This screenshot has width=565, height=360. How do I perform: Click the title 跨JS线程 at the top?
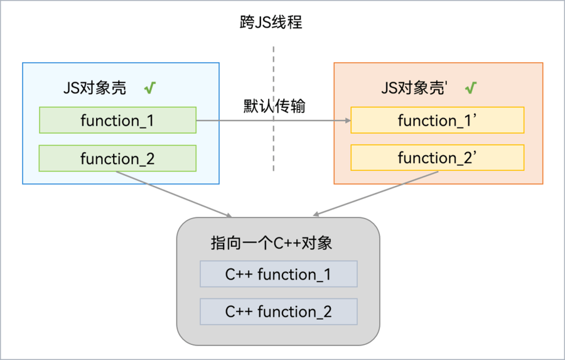272,23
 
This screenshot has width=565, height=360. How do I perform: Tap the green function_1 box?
117,120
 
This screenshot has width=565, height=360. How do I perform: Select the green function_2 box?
117,158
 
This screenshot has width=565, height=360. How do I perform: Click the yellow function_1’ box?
437,120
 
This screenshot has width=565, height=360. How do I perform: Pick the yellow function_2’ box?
437,158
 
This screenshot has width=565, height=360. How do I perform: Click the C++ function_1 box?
278,274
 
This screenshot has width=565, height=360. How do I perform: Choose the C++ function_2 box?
278,312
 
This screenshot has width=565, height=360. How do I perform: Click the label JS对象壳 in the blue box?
95,88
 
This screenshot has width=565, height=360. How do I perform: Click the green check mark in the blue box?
149,88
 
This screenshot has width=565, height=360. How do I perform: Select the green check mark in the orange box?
470,88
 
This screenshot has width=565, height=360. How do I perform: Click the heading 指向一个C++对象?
271,243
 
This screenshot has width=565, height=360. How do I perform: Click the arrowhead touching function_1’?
347,120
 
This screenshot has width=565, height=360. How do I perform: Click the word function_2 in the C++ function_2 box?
294,312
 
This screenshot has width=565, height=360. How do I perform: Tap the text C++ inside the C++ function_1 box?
239,274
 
